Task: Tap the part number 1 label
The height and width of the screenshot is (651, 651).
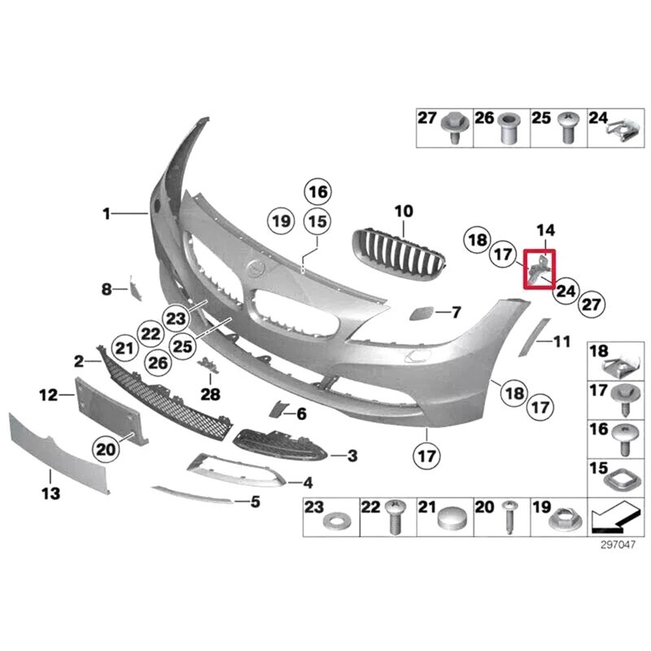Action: [107, 213]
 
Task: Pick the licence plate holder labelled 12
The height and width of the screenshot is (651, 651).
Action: [110, 412]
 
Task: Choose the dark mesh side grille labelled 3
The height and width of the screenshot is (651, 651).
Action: [280, 447]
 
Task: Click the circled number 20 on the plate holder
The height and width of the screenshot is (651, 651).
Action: [106, 447]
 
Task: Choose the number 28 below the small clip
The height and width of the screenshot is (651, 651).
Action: [211, 395]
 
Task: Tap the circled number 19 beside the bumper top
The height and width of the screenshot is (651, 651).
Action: [281, 220]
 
